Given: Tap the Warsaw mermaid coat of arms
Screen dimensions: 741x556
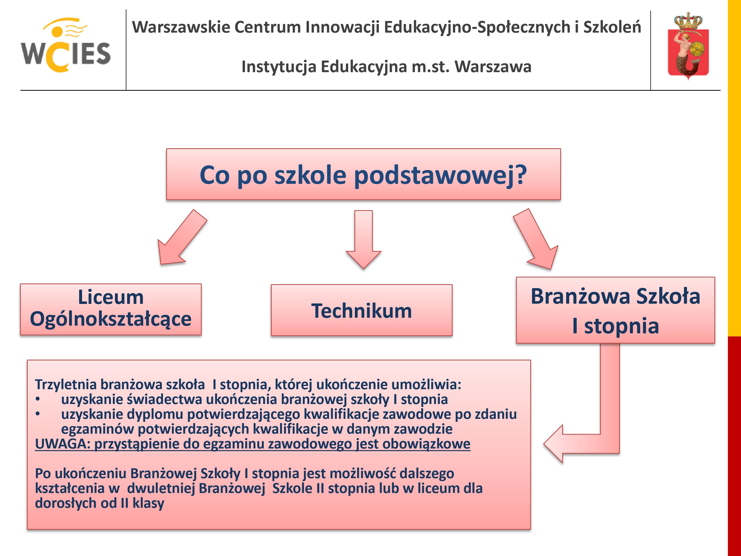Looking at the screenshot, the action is click(x=688, y=46).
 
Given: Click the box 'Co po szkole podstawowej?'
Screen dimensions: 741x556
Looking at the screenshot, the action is click(x=364, y=174).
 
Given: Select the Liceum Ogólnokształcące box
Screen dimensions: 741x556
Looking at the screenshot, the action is click(x=111, y=309).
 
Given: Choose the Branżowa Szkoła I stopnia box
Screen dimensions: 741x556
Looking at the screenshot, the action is click(x=615, y=310).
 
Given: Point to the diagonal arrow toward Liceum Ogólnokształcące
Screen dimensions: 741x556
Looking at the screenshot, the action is click(x=182, y=237).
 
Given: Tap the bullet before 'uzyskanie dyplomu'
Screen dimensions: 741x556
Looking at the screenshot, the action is click(x=38, y=414).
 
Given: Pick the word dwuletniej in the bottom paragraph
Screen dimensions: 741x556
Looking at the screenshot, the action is click(x=161, y=488).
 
